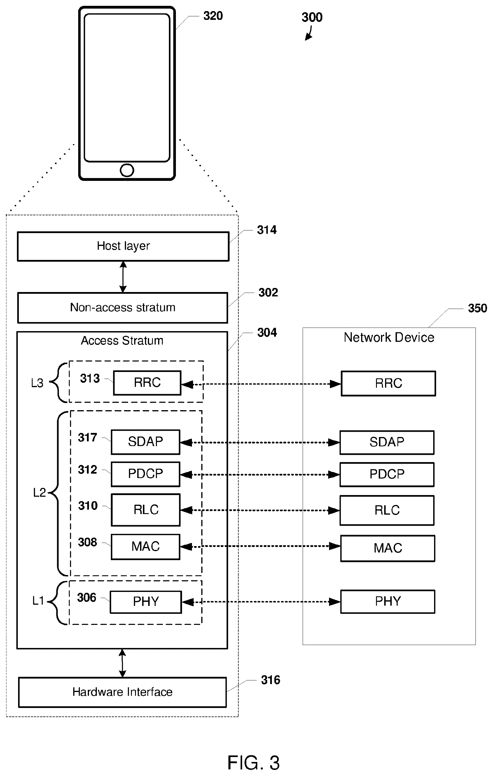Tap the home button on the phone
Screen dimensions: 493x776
pyautogui.click(x=127, y=170)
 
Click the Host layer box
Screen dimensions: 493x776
pyautogui.click(x=123, y=246)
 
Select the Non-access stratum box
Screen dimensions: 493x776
pyautogui.click(x=123, y=307)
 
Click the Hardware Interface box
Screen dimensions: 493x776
pyautogui.click(x=123, y=692)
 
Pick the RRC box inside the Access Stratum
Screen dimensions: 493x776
pyautogui.click(x=147, y=382)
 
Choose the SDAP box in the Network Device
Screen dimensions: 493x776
pyautogui.click(x=387, y=442)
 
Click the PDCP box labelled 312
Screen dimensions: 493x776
pyautogui.click(x=146, y=474)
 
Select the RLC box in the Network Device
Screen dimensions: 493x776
pyautogui.click(x=387, y=510)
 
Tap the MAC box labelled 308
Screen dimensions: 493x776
pyautogui.click(x=146, y=546)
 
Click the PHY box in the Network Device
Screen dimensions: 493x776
pyautogui.click(x=388, y=601)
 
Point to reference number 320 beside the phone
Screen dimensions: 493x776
pyautogui.click(x=213, y=16)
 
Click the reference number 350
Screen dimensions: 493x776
pyautogui.click(x=477, y=308)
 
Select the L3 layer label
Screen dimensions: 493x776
pyautogui.click(x=37, y=383)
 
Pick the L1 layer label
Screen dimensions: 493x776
pyautogui.click(x=38, y=601)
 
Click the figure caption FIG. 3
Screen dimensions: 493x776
pyautogui.click(x=254, y=763)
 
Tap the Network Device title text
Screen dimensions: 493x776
pyautogui.click(x=389, y=338)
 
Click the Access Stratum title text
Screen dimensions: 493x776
pyautogui.click(x=122, y=341)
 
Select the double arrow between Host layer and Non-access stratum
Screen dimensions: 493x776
pyautogui.click(x=123, y=277)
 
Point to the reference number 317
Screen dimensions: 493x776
pyautogui.click(x=87, y=437)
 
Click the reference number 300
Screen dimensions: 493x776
pyautogui.click(x=312, y=17)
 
